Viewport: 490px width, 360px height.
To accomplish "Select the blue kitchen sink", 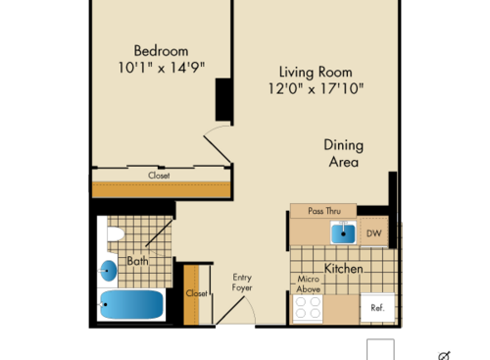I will pos(343,232).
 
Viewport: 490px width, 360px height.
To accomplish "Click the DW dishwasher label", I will pos(373,233).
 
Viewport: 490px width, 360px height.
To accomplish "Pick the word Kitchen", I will pos(343,268).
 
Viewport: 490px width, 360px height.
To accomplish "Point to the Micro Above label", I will pos(309,284).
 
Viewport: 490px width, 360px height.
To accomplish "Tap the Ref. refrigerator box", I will pos(376,308).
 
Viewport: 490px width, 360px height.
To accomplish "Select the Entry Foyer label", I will pos(242,283).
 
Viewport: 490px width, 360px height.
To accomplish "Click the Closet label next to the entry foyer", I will pos(196,293).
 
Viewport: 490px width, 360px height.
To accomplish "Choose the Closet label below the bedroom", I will pos(159,177).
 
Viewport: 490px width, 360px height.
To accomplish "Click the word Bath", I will pos(137,261).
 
